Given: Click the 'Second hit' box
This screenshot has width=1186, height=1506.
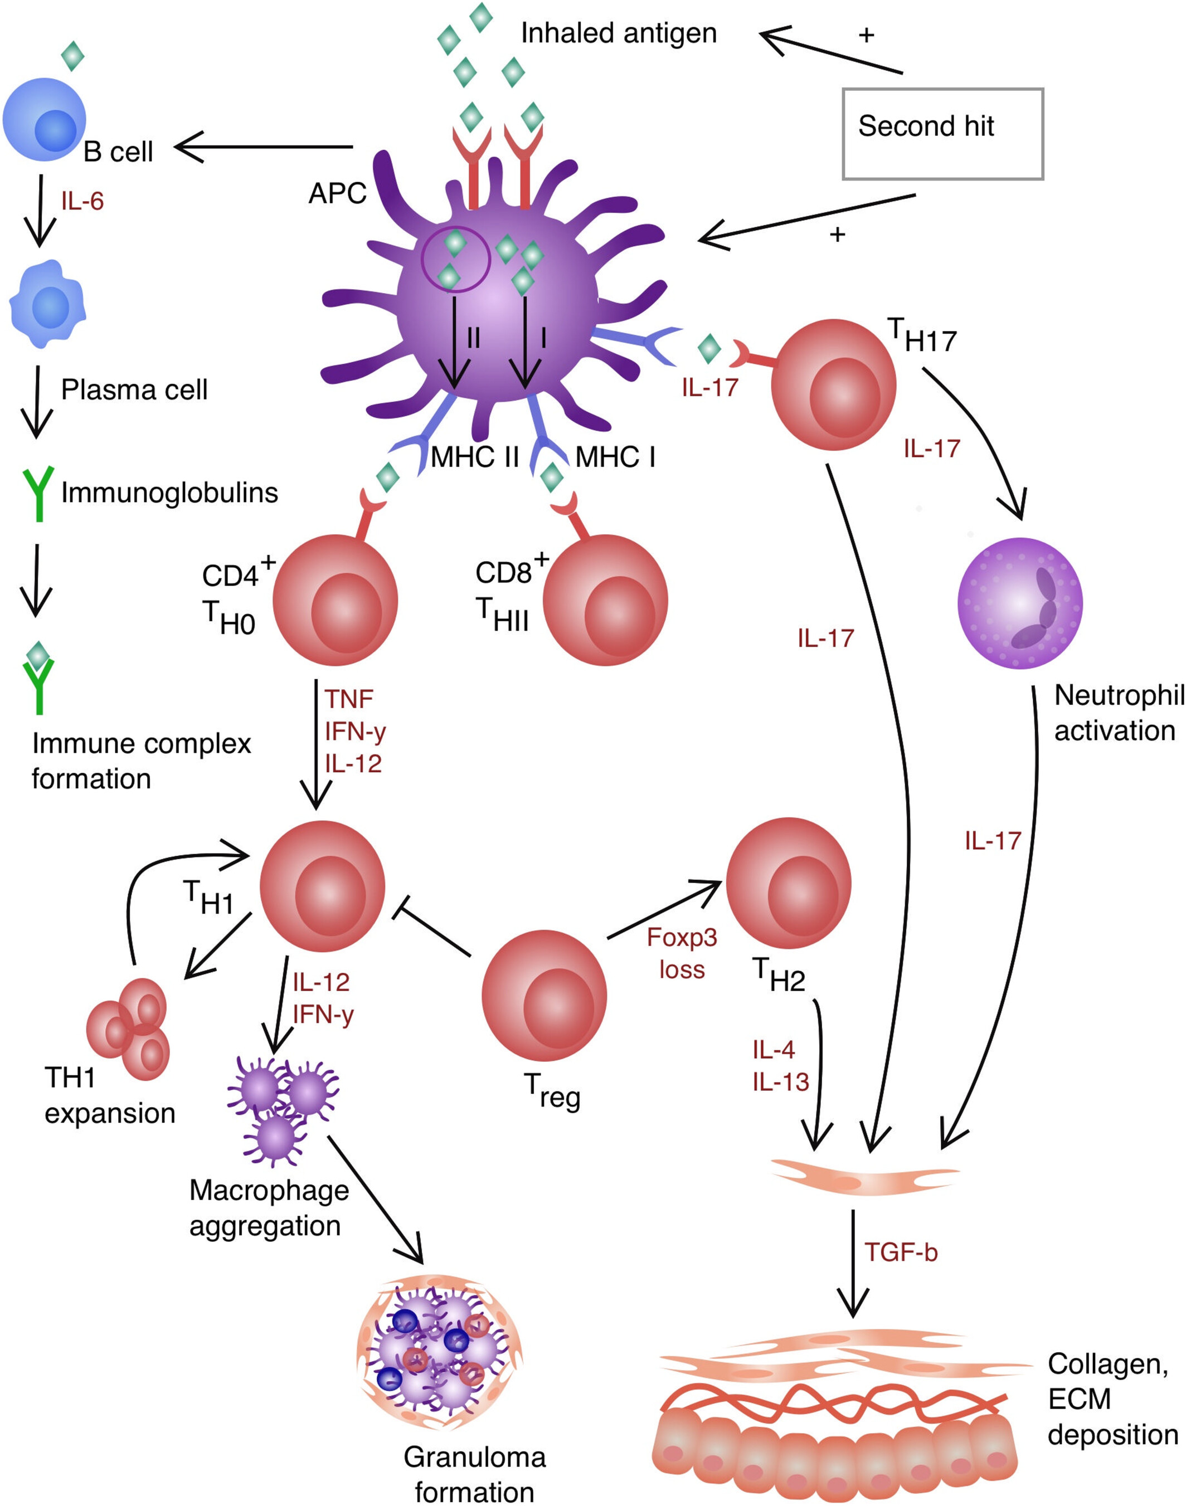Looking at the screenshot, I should (x=942, y=133).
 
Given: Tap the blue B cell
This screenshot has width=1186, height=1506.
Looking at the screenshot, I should (x=45, y=119).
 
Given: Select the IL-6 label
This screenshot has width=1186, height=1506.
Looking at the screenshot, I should (x=82, y=201).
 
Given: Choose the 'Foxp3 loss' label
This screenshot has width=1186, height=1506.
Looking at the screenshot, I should (x=681, y=953).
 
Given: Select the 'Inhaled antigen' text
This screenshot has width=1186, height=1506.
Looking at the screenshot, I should (x=619, y=33).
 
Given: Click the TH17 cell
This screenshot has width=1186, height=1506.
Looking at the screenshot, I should (x=833, y=384).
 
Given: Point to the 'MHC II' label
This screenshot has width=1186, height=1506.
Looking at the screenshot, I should (x=475, y=457).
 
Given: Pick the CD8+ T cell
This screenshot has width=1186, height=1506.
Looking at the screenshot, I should (x=605, y=600).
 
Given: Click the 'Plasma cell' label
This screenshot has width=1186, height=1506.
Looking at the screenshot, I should (x=134, y=389).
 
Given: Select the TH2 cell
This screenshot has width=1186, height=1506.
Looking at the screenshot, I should (x=788, y=883).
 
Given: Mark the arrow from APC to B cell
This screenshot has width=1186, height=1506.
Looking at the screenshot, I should (x=264, y=147).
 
